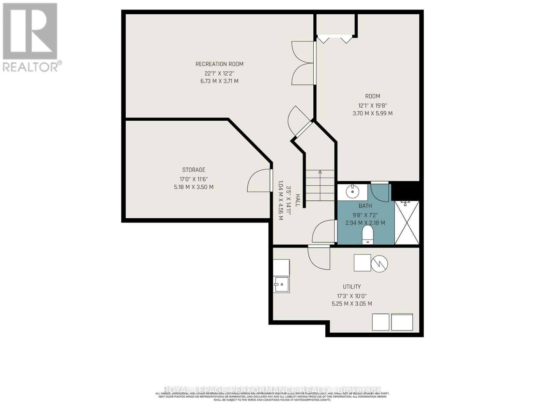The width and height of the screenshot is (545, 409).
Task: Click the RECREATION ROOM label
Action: [219, 64]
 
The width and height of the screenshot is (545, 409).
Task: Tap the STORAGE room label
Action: [193, 170]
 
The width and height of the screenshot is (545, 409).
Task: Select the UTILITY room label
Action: [352, 287]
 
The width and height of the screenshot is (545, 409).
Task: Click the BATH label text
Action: [365, 206]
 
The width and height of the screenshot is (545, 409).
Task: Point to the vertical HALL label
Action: [297, 200]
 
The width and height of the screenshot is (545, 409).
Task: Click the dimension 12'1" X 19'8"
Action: [372, 105]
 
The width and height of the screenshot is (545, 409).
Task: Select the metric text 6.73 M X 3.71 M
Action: [219, 81]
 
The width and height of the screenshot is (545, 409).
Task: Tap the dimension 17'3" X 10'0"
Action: [352, 296]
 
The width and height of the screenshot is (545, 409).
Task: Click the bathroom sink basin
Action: [352, 192]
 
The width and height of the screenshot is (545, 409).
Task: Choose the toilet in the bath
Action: [368, 235]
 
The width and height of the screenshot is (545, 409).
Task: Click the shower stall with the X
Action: [407, 223]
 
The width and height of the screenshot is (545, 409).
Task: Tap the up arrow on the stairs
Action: [320, 172]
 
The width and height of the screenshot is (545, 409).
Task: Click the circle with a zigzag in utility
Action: [379, 263]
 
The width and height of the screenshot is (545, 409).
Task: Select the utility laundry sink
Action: [281, 284]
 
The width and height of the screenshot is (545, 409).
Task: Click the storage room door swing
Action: [258, 181]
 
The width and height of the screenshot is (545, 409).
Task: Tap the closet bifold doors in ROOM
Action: [334, 39]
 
